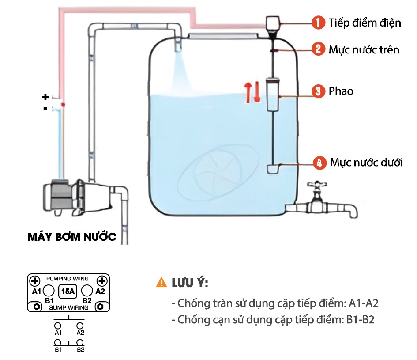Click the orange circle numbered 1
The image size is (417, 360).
[318, 23]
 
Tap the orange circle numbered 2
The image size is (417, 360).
[318, 49]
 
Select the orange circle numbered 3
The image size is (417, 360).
[318, 91]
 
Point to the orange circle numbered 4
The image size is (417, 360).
[319, 163]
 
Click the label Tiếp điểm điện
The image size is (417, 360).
[364, 23]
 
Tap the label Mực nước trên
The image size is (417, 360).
[364, 49]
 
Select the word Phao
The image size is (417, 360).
[341, 91]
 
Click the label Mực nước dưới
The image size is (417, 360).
[366, 163]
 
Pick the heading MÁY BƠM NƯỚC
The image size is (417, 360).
[72, 238]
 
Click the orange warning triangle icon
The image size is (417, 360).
[161, 283]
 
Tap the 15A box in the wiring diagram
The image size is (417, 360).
[68, 292]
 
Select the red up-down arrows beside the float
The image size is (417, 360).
[252, 92]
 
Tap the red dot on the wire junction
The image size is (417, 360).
[63, 104]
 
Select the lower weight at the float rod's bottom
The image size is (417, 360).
[273, 168]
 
